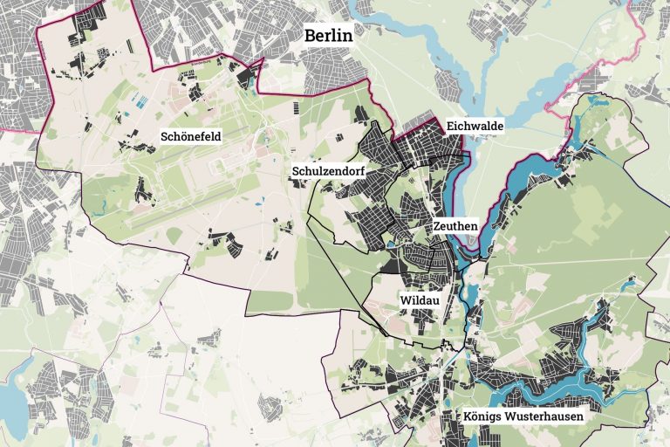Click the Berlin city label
327,36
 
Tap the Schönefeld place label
190,136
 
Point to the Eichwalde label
475,127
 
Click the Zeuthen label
455,225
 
